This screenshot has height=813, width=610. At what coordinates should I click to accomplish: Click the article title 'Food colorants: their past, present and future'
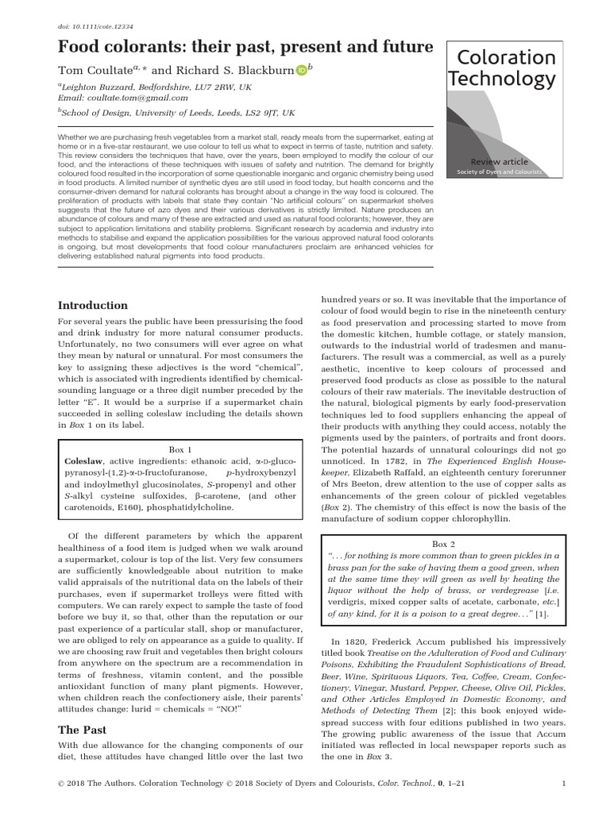pyautogui.click(x=245, y=47)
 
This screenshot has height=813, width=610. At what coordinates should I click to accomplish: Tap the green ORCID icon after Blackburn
pyautogui.click(x=301, y=71)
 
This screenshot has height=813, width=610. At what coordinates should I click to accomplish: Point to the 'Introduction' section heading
pyautogui.click(x=93, y=306)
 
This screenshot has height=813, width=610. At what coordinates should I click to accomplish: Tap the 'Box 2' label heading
pyautogui.click(x=443, y=545)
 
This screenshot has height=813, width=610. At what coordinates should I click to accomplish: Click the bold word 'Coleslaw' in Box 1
pyautogui.click(x=83, y=461)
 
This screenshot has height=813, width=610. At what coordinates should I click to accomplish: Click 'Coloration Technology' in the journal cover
pyautogui.click(x=502, y=68)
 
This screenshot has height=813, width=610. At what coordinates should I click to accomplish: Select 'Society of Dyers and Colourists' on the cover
pyautogui.click(x=500, y=172)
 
